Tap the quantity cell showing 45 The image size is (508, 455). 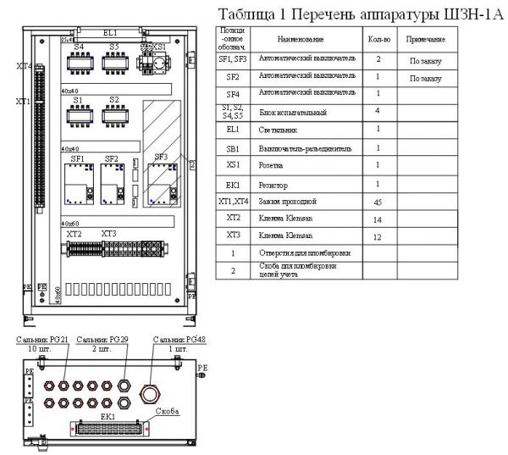click(378, 203)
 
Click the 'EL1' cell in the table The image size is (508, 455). click(233, 130)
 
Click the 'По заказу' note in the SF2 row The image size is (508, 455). click(425, 78)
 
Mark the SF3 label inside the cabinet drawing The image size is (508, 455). click(161, 157)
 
